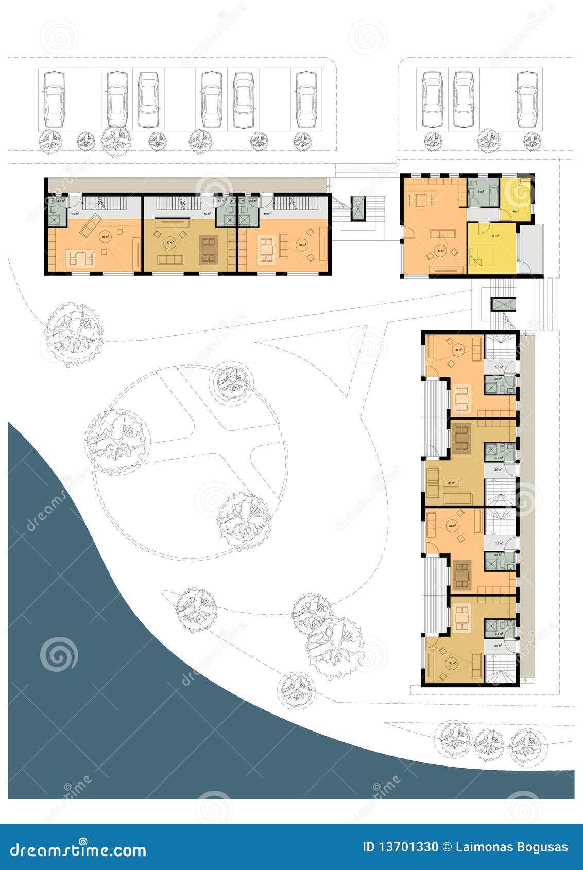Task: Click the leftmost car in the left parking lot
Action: pyautogui.click(x=54, y=99)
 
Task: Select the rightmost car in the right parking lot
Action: pyautogui.click(x=527, y=99)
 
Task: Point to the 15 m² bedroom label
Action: pyautogui.click(x=495, y=236)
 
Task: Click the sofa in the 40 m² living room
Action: pyautogui.click(x=443, y=234)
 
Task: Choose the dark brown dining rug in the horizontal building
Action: pyautogui.click(x=209, y=249)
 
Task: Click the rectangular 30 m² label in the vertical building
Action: pyautogui.click(x=451, y=483)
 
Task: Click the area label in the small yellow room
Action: pyautogui.click(x=515, y=211)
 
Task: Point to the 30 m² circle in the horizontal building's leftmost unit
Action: pyautogui.click(x=105, y=237)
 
